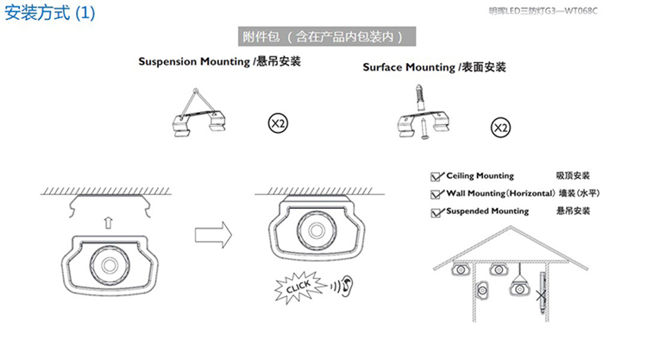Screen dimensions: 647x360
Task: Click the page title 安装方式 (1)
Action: coord(49,13)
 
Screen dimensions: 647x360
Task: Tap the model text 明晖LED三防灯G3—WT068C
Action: coord(543,10)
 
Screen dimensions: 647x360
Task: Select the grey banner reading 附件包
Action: coord(327,37)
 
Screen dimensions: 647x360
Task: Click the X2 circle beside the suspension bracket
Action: coord(278,123)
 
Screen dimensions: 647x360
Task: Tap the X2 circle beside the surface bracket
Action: coord(500,128)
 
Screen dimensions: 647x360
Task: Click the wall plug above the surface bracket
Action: coord(419,98)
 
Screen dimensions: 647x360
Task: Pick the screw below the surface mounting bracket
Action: coord(424,129)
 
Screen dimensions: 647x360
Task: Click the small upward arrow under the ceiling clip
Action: coord(108,223)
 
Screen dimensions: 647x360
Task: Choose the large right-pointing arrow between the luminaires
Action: coord(213,235)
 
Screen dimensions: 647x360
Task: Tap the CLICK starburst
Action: coord(299,287)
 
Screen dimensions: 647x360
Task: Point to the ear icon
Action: coord(348,285)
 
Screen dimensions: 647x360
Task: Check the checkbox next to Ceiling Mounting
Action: coord(437,177)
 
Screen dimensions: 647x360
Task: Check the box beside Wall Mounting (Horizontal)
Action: coord(437,194)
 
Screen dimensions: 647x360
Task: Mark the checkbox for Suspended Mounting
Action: coord(437,212)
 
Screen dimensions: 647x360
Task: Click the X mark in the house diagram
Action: coord(541,295)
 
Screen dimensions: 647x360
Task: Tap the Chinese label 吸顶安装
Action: coord(573,175)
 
